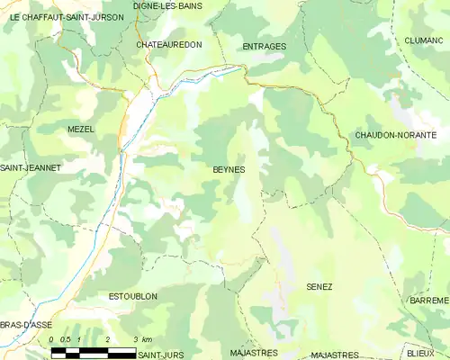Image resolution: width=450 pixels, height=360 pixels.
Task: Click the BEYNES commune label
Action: click(x=229, y=169)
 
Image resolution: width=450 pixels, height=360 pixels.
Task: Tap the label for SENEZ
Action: click(x=319, y=286)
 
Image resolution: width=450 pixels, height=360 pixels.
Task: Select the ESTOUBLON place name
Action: click(x=133, y=296)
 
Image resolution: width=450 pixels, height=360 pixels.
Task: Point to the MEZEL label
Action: click(x=80, y=130)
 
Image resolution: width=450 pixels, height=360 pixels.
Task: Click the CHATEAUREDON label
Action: click(x=169, y=44)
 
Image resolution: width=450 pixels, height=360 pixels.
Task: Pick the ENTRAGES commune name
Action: click(x=265, y=46)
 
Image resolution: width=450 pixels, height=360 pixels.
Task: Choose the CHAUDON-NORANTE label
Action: click(x=396, y=135)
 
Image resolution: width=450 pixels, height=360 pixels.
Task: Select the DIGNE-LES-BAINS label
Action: click(x=167, y=6)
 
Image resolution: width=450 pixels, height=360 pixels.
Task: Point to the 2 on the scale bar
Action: click(x=107, y=338)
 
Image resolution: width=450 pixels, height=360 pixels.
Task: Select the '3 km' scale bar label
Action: click(x=141, y=338)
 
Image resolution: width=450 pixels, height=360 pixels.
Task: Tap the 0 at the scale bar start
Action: click(x=52, y=338)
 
